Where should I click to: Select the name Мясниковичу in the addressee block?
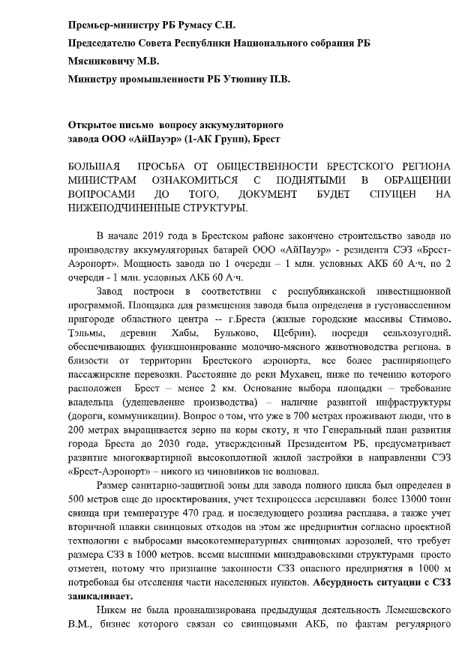pos(103,60)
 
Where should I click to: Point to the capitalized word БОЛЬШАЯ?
pos(95,165)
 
